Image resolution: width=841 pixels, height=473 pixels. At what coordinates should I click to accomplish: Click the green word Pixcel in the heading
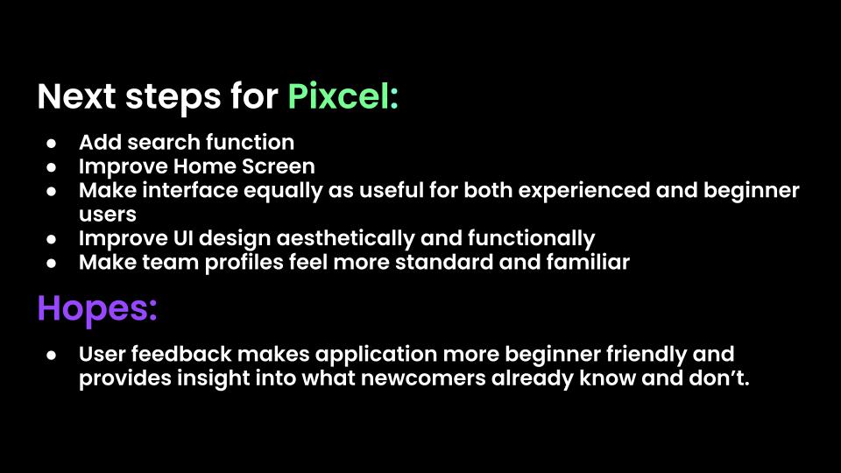click(343, 97)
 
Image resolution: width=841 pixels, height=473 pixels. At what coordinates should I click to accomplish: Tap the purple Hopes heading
click(97, 309)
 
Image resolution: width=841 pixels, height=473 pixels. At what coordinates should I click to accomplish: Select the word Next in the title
click(77, 97)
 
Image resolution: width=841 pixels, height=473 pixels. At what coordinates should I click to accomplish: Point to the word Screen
click(279, 166)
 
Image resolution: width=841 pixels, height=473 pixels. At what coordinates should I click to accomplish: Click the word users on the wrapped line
click(108, 215)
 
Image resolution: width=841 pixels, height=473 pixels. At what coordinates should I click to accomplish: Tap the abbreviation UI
click(183, 238)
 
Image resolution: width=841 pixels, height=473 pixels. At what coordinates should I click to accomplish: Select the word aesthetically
click(345, 238)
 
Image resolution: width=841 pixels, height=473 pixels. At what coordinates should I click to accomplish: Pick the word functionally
click(532, 238)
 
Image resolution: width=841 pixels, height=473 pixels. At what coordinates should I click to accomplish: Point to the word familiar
click(588, 262)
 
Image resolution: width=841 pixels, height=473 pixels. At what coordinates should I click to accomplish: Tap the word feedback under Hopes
click(181, 354)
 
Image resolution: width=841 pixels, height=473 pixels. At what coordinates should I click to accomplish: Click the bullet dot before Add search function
click(52, 143)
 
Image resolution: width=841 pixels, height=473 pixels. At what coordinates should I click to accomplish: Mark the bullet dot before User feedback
click(52, 355)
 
